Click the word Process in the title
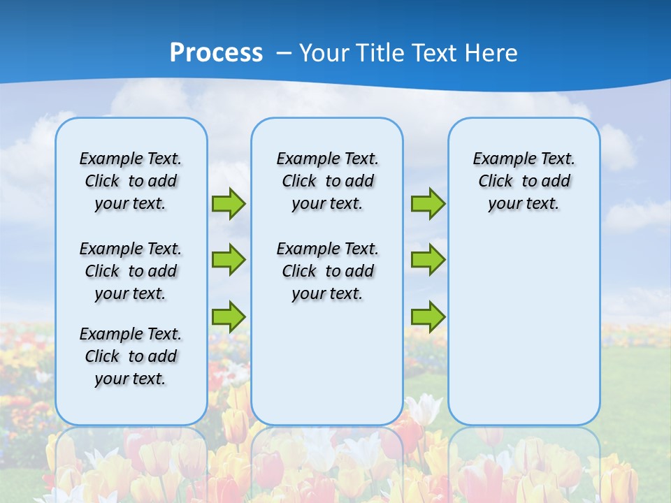[x=216, y=53]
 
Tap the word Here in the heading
[x=492, y=53]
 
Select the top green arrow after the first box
[x=229, y=203]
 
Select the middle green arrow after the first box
[x=229, y=260]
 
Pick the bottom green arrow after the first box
[x=229, y=316]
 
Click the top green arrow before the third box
[x=428, y=203]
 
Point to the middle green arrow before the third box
[x=428, y=260]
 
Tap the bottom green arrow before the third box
[x=428, y=316]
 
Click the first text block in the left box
[x=131, y=181]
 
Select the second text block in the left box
[x=131, y=271]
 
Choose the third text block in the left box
[x=131, y=356]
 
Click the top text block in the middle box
[x=327, y=181]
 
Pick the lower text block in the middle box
[x=327, y=271]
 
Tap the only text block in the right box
[x=524, y=181]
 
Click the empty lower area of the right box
[x=524, y=328]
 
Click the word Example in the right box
[x=500, y=159]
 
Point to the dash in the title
[x=284, y=53]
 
